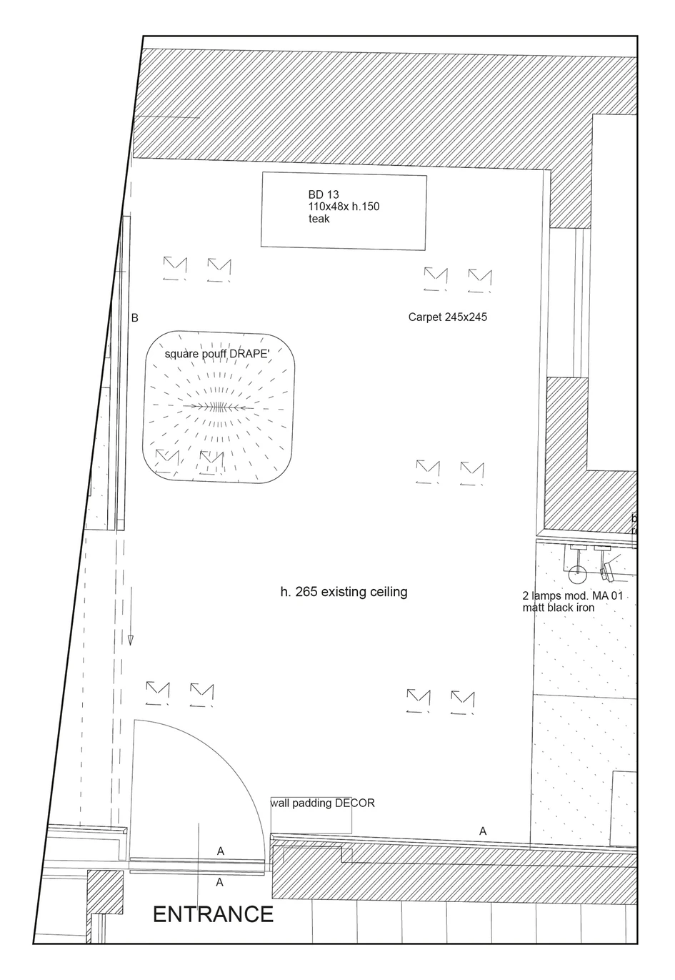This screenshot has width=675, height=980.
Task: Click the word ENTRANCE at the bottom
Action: (214, 914)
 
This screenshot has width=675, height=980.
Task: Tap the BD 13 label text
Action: (323, 194)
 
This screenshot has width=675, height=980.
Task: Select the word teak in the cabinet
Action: (319, 219)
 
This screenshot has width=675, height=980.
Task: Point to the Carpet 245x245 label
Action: (448, 317)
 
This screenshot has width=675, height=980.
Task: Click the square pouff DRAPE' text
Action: (217, 354)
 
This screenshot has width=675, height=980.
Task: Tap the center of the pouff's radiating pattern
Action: (217, 407)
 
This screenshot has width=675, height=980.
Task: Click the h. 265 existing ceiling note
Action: (344, 592)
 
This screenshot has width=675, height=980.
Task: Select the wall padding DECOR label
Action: (323, 803)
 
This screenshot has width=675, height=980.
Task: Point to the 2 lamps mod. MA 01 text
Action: (573, 595)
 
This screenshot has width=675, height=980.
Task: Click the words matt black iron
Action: (559, 608)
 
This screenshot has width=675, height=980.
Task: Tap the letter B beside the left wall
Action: (135, 318)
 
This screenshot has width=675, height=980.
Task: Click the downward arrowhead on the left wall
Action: (130, 640)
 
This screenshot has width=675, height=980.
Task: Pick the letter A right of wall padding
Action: (483, 831)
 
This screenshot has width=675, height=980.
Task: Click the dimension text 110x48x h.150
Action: (344, 207)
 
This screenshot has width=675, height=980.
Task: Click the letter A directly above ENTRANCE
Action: (220, 883)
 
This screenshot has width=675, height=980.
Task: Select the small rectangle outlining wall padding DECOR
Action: (311, 815)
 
